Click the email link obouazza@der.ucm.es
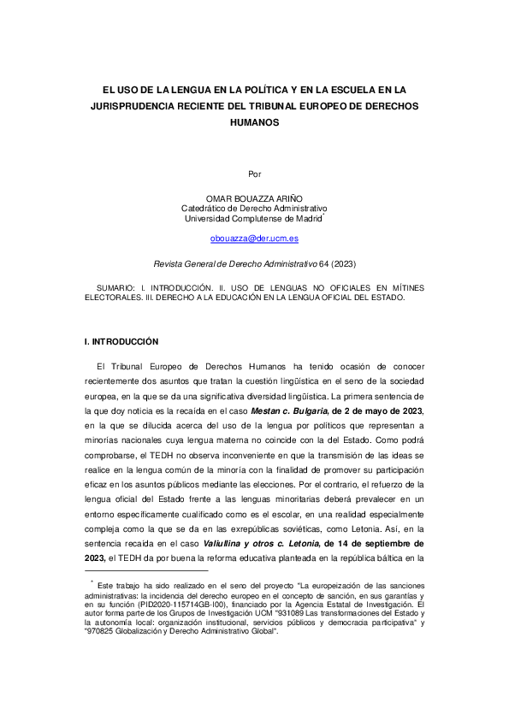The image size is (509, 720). pyautogui.click(x=254, y=239)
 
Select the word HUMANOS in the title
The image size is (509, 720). pyautogui.click(x=254, y=122)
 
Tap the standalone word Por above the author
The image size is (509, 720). pyautogui.click(x=254, y=174)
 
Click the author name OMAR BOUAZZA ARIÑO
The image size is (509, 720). pyautogui.click(x=254, y=198)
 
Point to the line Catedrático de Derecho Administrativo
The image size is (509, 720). pyautogui.click(x=254, y=209)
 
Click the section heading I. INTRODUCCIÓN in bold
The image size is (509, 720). pyautogui.click(x=121, y=341)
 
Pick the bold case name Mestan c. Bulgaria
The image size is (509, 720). pyautogui.click(x=289, y=411)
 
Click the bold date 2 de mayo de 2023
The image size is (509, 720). pyautogui.click(x=379, y=411)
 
